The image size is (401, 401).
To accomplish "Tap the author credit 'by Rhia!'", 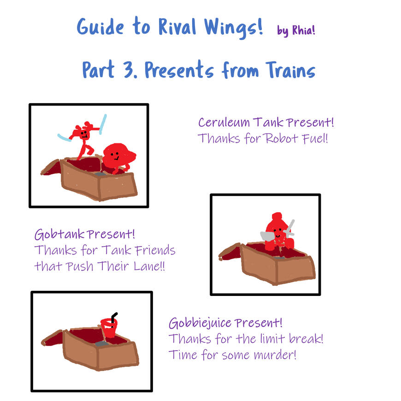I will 296,30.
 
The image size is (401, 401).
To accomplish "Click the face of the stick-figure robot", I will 84,134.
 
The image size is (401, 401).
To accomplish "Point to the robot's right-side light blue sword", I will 102,124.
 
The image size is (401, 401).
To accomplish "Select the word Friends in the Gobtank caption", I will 152,251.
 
